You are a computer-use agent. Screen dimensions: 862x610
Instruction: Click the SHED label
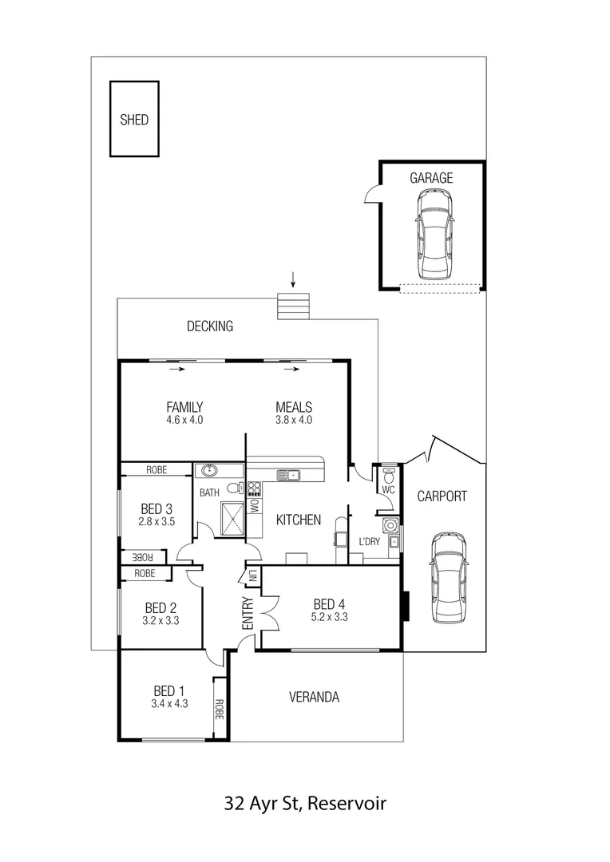pyautogui.click(x=134, y=120)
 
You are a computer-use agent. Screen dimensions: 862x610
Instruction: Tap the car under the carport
pyautogui.click(x=449, y=577)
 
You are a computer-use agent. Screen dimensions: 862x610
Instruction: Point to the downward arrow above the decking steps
pyautogui.click(x=293, y=279)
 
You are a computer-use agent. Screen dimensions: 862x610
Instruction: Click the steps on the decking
pyautogui.click(x=293, y=306)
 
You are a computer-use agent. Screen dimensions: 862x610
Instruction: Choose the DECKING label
pyautogui.click(x=210, y=326)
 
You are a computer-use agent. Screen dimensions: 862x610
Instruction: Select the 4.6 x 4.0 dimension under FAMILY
pyautogui.click(x=184, y=420)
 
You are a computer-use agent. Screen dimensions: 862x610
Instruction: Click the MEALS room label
pyautogui.click(x=294, y=406)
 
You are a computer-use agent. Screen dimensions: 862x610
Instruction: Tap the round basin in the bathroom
pyautogui.click(x=210, y=470)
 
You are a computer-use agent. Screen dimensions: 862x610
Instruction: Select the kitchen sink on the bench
pyautogui.click(x=288, y=475)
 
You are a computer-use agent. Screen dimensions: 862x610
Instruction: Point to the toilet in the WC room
pyautogui.click(x=389, y=477)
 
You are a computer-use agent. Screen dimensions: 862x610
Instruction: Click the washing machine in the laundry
pyautogui.click(x=390, y=525)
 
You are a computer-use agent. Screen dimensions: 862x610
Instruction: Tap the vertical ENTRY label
pyautogui.click(x=248, y=614)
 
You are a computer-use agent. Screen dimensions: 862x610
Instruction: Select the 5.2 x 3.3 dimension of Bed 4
pyautogui.click(x=330, y=616)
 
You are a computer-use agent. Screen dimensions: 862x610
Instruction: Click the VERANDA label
pyautogui.click(x=314, y=697)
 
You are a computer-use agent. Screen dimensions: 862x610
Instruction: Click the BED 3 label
pyautogui.click(x=156, y=508)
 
